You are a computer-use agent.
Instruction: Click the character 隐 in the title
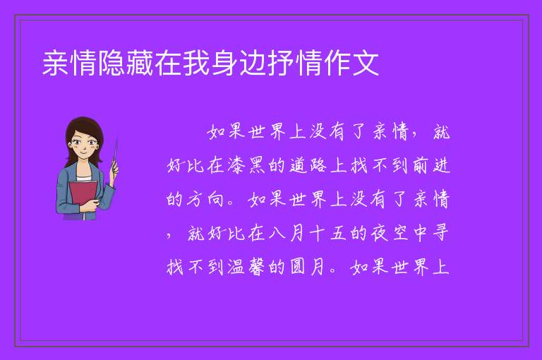tap(112, 63)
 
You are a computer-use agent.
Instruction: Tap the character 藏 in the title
tap(140, 63)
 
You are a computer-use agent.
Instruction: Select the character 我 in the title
tap(196, 63)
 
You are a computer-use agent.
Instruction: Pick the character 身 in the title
tap(224, 63)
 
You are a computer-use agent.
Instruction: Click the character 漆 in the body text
tap(237, 165)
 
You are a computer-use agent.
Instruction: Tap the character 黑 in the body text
tap(257, 165)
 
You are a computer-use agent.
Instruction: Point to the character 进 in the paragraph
tap(441, 165)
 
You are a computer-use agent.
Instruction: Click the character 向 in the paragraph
tap(217, 199)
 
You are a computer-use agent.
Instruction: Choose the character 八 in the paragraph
tap(277, 233)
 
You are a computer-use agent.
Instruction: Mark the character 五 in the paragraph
tap(338, 233)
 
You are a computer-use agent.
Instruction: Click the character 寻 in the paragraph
tap(440, 233)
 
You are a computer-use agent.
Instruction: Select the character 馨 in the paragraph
tap(257, 267)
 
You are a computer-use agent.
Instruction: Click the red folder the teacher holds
tap(83, 196)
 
